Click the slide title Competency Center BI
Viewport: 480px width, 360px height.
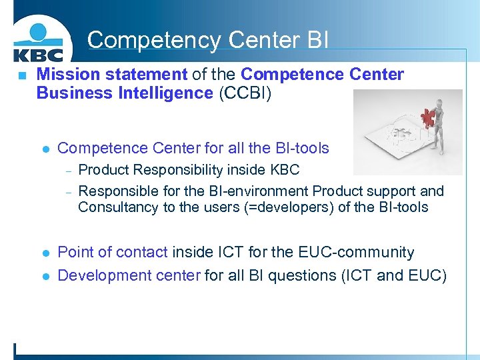tap(207, 40)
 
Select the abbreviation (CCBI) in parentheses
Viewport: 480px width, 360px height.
tap(245, 93)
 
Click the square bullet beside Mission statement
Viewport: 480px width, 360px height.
tap(21, 75)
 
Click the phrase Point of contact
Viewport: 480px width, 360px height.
tap(113, 253)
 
